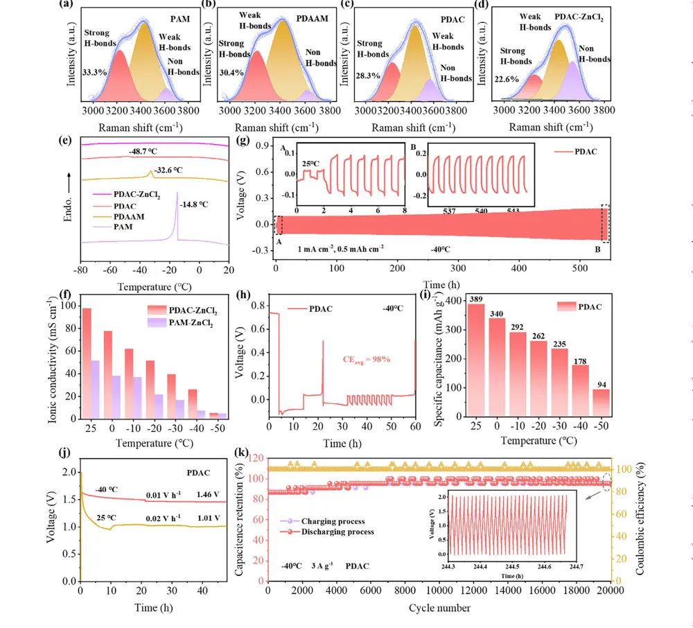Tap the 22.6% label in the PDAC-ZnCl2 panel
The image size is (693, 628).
pyautogui.click(x=507, y=80)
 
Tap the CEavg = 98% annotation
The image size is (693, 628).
pyautogui.click(x=369, y=359)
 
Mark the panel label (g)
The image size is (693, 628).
pyautogui.click(x=243, y=139)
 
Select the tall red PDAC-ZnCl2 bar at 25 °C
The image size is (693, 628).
pyautogui.click(x=87, y=363)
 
